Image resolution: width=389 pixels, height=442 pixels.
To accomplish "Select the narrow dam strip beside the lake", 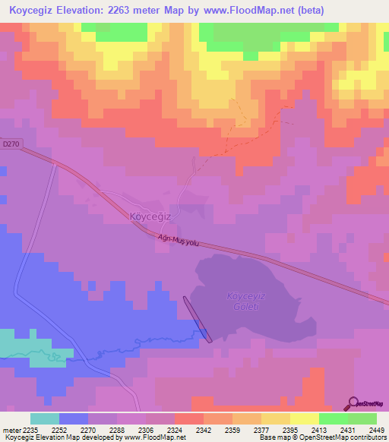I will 195,318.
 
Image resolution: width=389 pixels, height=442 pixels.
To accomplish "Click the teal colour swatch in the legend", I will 45,418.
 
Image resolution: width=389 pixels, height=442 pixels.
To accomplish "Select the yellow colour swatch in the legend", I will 304,418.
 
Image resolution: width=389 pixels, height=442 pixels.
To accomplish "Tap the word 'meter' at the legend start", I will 13,430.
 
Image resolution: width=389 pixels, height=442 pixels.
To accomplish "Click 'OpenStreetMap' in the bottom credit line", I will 327,438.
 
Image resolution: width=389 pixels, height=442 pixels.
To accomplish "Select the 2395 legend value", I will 285,430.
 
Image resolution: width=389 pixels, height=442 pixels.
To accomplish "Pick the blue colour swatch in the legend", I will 74,418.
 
